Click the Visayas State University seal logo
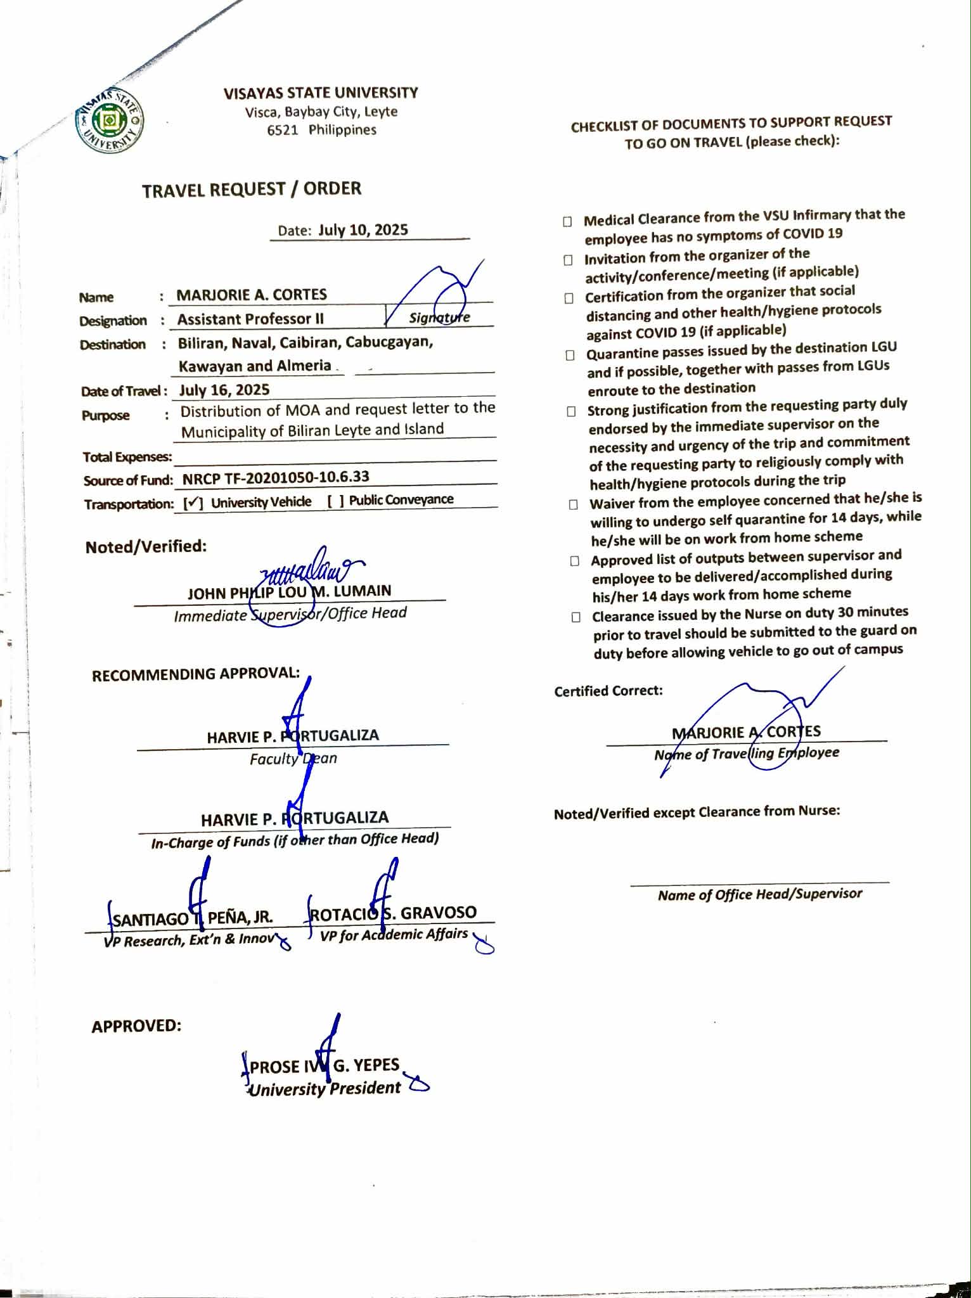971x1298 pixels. click(109, 120)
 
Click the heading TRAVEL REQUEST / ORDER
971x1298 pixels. click(252, 190)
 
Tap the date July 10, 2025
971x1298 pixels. click(363, 229)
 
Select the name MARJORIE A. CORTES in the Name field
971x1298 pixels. click(252, 295)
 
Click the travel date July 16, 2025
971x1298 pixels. click(224, 390)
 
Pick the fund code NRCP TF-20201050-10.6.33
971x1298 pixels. click(276, 477)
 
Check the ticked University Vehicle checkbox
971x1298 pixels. click(193, 503)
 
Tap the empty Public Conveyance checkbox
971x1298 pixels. click(336, 501)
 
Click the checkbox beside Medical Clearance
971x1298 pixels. click(567, 221)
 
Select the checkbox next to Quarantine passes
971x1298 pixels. click(570, 355)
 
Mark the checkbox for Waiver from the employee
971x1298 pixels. click(573, 504)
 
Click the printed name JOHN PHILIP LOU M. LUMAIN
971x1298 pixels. click(289, 592)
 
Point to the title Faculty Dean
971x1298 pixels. click(293, 759)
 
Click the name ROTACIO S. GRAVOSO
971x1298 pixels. click(393, 913)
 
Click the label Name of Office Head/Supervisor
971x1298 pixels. click(759, 894)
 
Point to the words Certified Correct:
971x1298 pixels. click(608, 691)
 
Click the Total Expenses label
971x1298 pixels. click(127, 457)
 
